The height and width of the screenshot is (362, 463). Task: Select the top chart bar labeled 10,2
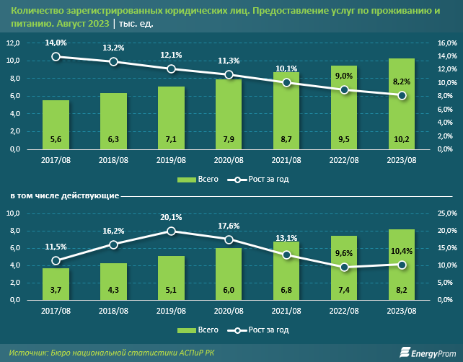[x=402, y=104]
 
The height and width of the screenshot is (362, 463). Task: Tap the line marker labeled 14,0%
[x=56, y=56]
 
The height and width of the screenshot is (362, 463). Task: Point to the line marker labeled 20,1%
[x=171, y=231]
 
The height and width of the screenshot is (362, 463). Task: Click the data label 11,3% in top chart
[x=229, y=61]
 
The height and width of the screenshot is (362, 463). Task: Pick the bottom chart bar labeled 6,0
[x=229, y=274]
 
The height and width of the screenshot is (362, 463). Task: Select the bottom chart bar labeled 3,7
[x=56, y=283]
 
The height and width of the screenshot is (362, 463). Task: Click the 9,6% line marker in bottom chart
[x=344, y=267]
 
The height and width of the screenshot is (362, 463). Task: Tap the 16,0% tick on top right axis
[x=447, y=43]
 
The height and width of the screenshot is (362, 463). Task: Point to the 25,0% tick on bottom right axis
[x=447, y=213]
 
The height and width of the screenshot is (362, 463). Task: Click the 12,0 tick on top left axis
[x=13, y=43]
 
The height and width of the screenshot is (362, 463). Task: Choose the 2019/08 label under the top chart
[x=171, y=160]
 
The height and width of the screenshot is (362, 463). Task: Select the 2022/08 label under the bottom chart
[x=344, y=311]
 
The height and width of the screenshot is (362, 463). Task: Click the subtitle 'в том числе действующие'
[x=64, y=195]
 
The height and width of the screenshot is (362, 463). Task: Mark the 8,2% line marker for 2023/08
[x=402, y=96]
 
